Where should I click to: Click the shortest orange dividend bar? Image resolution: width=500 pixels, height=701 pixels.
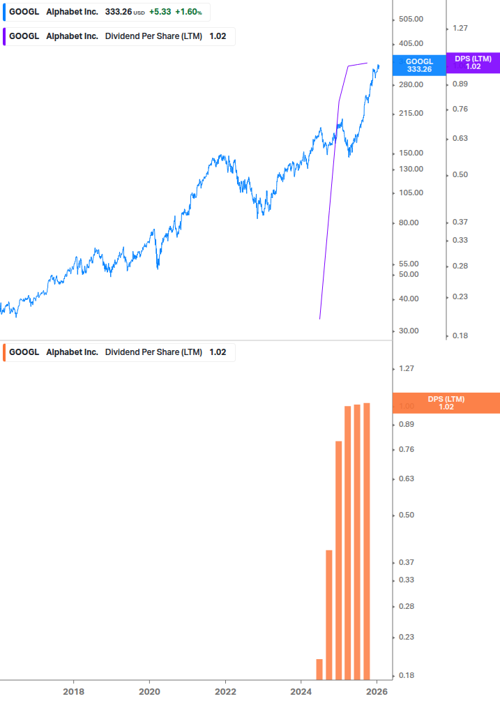click(319, 669)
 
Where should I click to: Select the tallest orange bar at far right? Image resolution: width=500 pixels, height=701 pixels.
click(367, 541)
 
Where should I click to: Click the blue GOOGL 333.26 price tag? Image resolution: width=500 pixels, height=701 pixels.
click(419, 66)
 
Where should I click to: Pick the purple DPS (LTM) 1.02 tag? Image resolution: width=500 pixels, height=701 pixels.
click(473, 63)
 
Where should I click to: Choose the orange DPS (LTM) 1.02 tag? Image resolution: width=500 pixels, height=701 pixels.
click(446, 402)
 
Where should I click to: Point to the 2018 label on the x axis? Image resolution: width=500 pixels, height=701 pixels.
click(73, 692)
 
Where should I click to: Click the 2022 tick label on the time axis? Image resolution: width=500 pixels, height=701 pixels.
click(225, 692)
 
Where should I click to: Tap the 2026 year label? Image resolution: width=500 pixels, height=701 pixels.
click(377, 692)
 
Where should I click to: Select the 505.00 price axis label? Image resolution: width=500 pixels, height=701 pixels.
click(411, 20)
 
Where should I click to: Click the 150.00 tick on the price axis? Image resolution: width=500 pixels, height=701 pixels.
click(411, 153)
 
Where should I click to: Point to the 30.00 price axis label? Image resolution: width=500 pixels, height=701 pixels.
click(411, 331)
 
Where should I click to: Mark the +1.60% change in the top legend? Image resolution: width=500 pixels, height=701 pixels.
click(188, 12)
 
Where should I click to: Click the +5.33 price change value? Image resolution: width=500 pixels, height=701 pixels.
click(160, 12)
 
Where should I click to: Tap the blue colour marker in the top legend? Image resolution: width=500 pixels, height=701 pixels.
click(3, 12)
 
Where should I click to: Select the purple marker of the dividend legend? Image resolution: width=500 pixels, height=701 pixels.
click(3, 36)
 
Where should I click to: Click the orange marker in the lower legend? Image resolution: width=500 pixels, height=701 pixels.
click(3, 352)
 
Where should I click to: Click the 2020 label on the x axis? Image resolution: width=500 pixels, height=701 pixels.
click(149, 692)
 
